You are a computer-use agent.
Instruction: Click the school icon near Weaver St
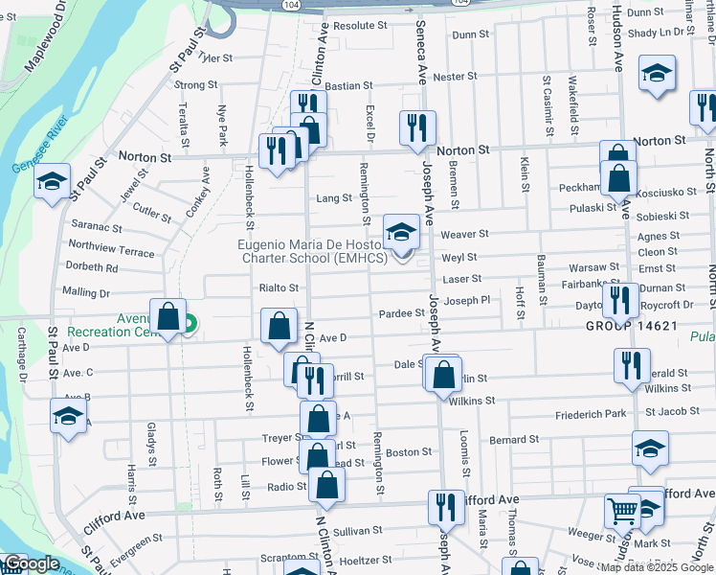[x=402, y=231]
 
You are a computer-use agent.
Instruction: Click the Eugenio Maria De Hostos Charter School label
[x=312, y=251]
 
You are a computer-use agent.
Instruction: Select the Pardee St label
[x=401, y=313]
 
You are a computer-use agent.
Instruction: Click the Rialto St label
[x=279, y=287]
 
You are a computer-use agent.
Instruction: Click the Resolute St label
[x=359, y=26]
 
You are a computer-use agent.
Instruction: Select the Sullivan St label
[x=358, y=529]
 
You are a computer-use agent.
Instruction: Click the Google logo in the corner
[x=31, y=563]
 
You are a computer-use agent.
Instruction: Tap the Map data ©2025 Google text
[x=657, y=567]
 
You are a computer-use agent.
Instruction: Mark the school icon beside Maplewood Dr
[x=53, y=182]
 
